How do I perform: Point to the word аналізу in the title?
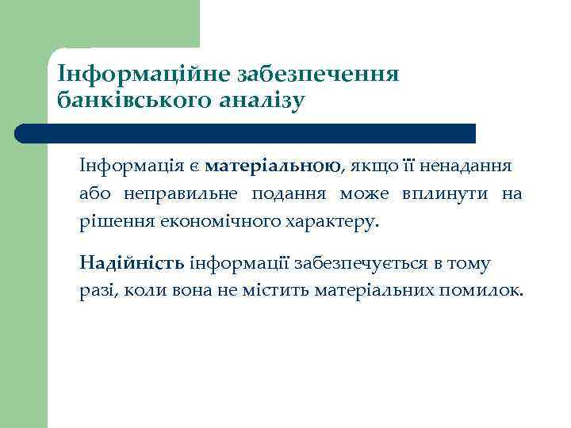tap(261, 101)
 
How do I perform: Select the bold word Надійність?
tap(132, 263)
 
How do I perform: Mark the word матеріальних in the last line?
tap(373, 290)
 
